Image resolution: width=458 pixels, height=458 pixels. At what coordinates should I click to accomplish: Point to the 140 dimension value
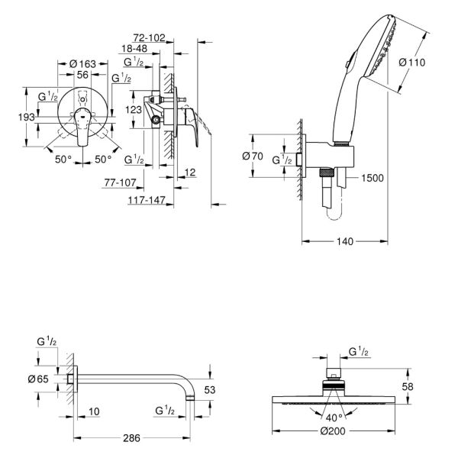(345, 241)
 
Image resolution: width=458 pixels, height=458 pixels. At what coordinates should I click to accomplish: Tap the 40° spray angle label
(334, 418)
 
